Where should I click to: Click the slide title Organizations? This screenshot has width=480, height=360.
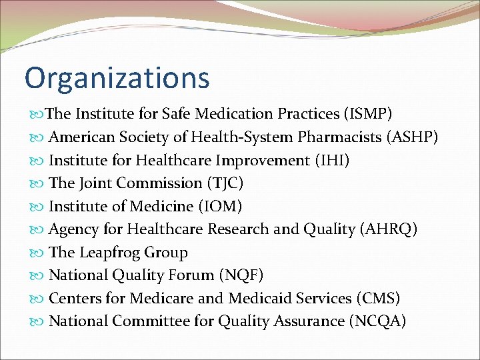tap(117, 77)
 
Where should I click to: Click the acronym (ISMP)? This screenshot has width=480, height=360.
tap(367, 114)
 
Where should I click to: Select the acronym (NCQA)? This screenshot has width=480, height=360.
tap(377, 321)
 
